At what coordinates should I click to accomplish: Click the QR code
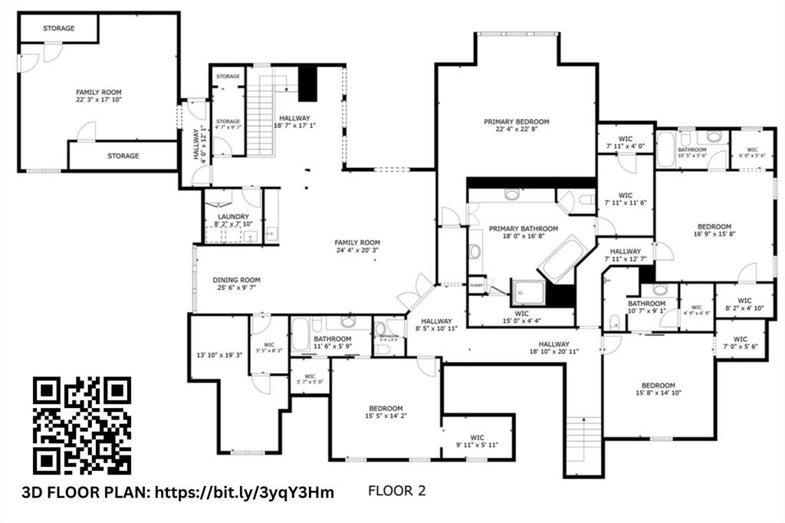pos(82,425)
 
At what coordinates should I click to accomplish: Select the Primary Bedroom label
pos(516,122)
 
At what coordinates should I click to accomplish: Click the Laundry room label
pos(233,217)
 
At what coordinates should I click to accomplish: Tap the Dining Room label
pos(236,280)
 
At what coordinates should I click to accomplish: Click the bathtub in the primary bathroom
pos(563,259)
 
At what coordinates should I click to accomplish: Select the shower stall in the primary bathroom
pos(529,291)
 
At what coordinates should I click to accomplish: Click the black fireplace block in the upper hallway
pos(307,84)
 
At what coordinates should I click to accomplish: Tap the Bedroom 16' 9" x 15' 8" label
pos(714,226)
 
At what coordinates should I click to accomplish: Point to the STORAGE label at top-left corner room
pos(58,28)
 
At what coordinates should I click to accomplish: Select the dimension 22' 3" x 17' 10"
pos(99,100)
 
